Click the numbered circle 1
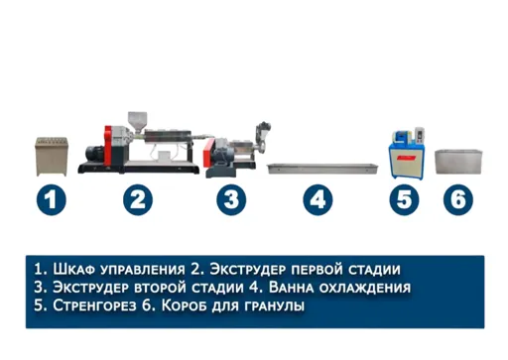click(x=52, y=199)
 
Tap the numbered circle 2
click(x=138, y=199)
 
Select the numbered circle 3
click(x=231, y=199)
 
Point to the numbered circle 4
click(x=317, y=199)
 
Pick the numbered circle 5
click(x=404, y=199)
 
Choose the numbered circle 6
click(x=458, y=199)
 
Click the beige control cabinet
click(x=52, y=157)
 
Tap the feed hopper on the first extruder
click(x=137, y=120)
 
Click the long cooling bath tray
click(x=322, y=168)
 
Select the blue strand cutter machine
click(x=406, y=154)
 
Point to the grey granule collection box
click(x=458, y=162)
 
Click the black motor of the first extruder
click(x=94, y=155)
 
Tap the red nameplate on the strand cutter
click(x=407, y=158)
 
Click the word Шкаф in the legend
click(x=73, y=269)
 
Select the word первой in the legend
click(x=317, y=270)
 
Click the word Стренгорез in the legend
click(x=94, y=305)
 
